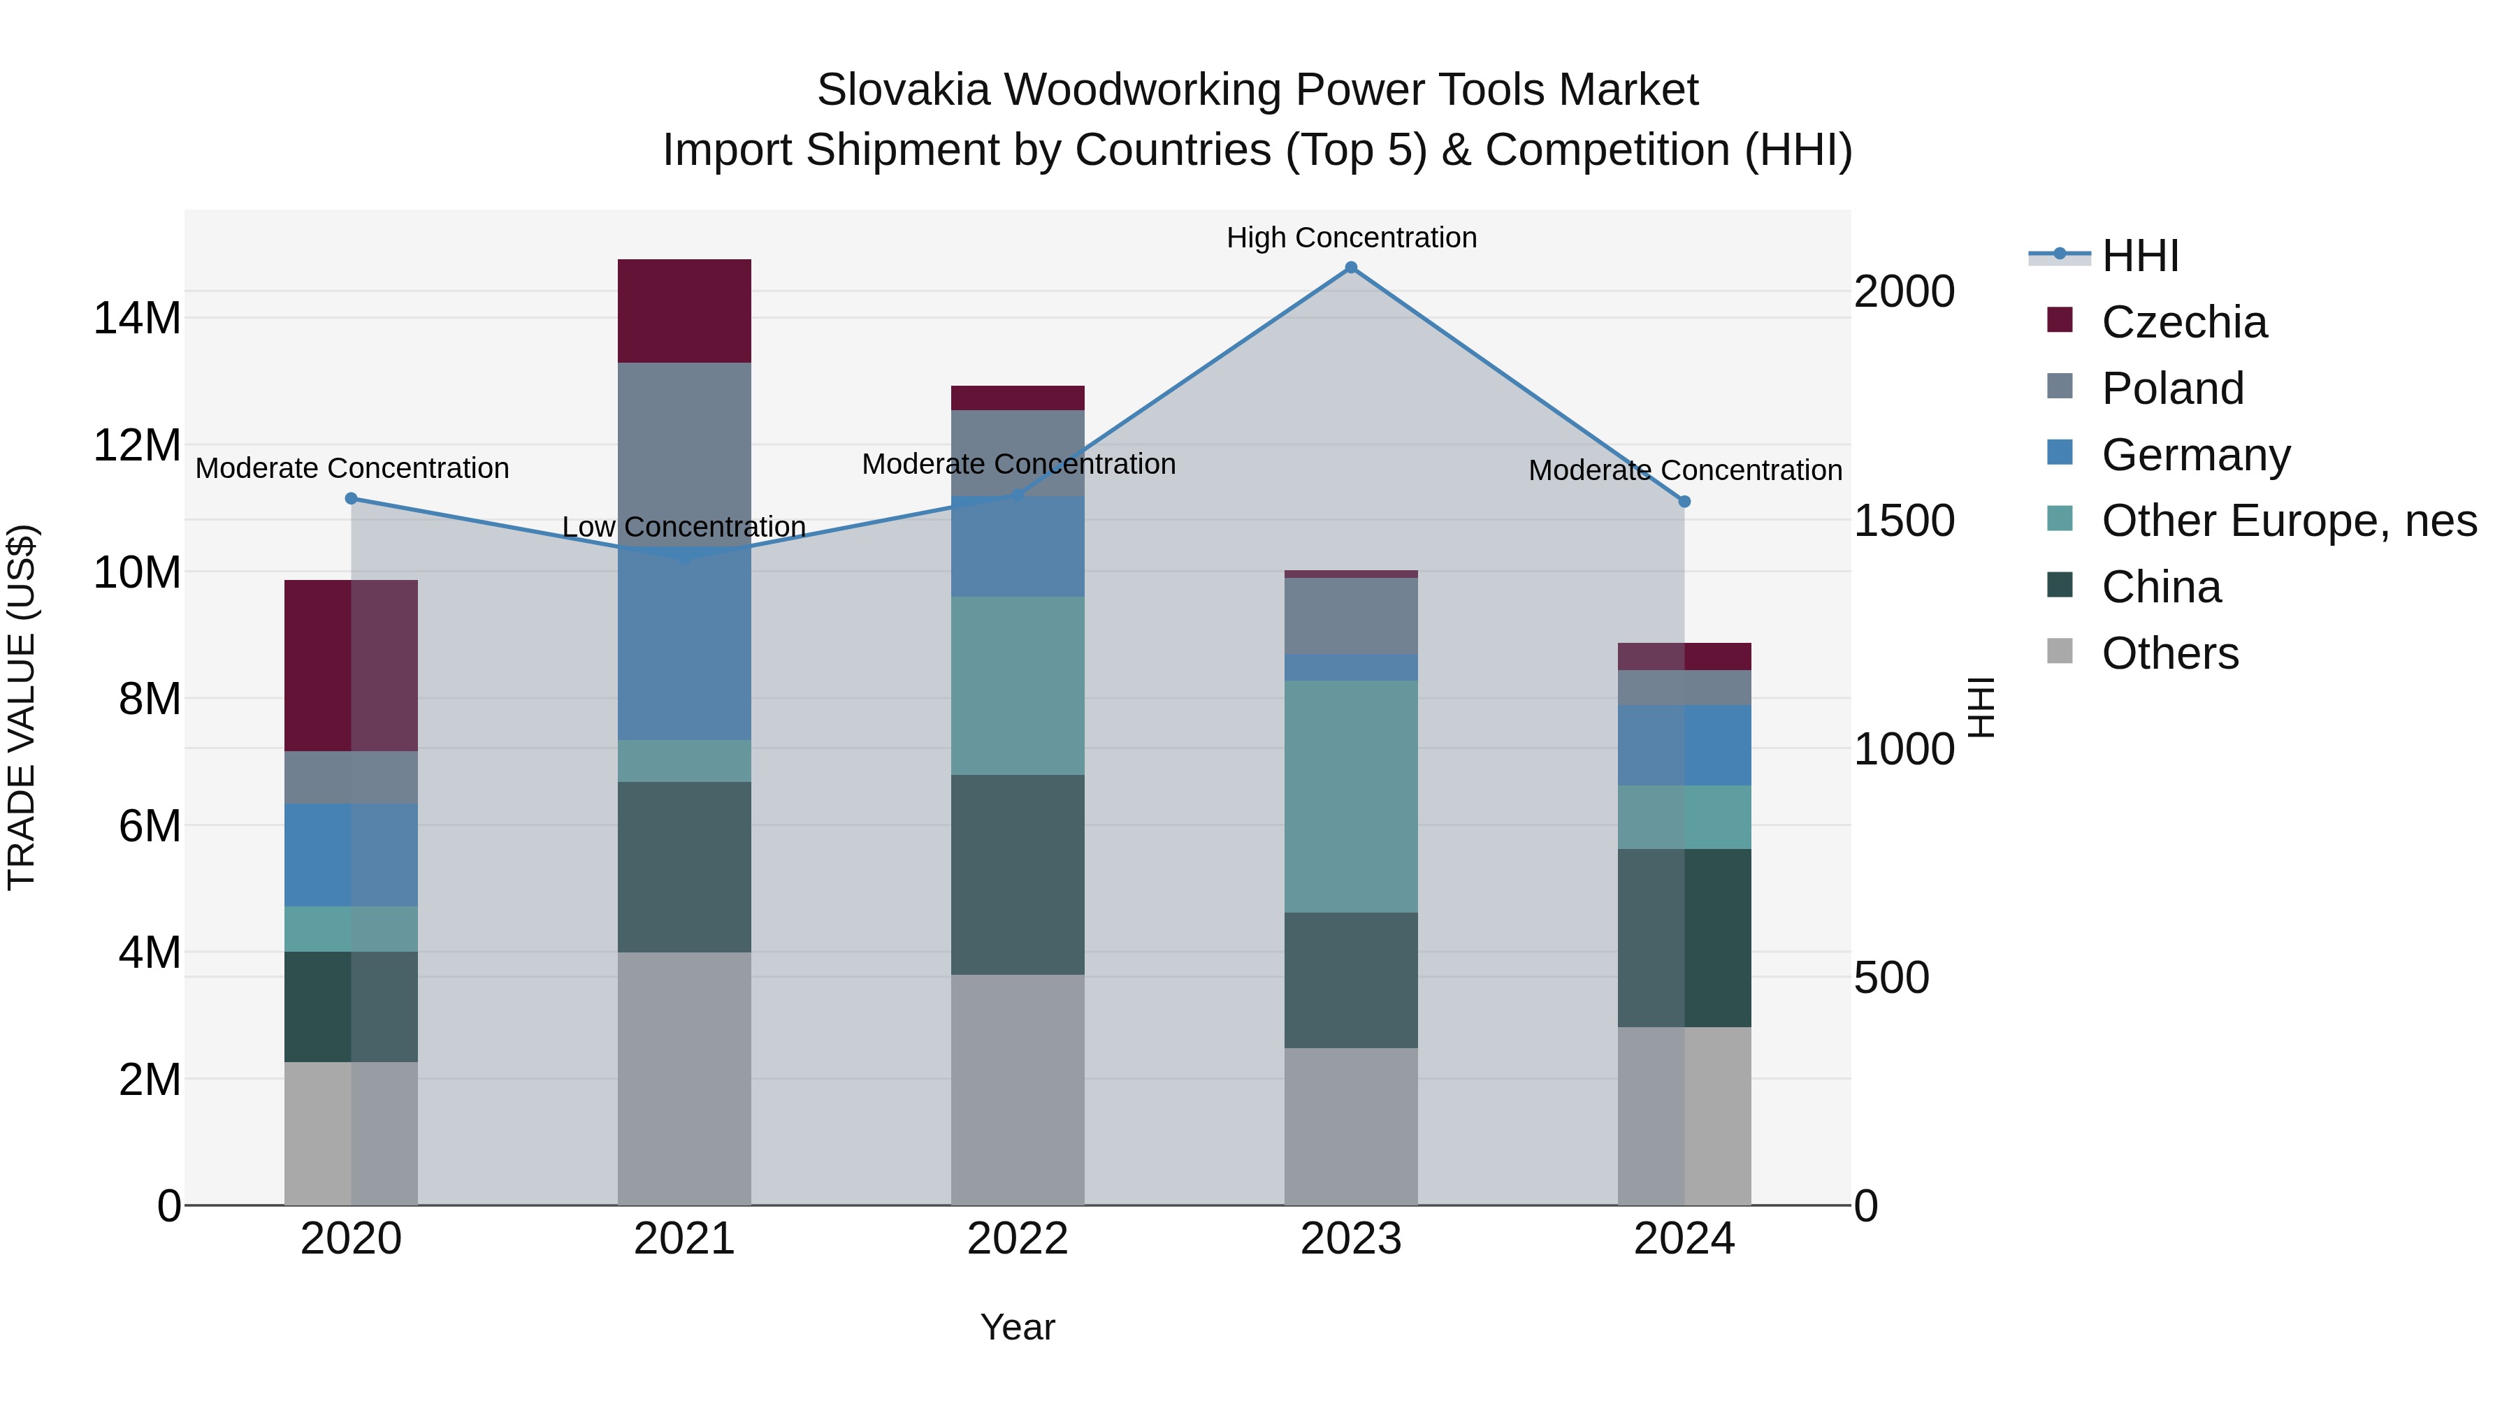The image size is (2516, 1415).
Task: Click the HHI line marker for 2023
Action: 1351,268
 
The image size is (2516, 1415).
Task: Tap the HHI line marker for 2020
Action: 352,499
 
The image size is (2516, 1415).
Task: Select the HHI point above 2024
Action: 1685,502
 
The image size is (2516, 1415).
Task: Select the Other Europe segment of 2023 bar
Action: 1351,796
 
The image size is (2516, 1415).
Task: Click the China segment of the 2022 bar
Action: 1018,874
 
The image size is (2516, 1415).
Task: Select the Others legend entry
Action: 2169,654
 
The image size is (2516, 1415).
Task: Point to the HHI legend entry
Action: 2139,256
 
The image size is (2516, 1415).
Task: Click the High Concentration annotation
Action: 1351,238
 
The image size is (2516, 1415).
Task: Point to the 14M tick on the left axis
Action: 137,319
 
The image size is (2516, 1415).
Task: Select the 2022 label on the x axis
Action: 1018,1239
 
